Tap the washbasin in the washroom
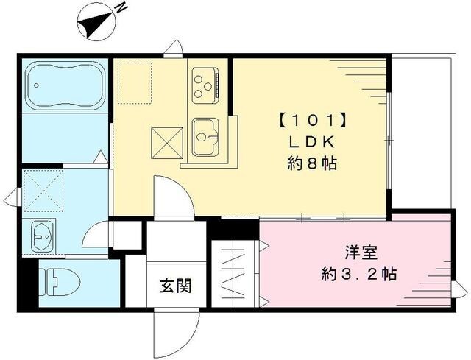click(42, 236)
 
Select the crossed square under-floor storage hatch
click(167, 142)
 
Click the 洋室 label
click(361, 253)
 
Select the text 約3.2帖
click(361, 275)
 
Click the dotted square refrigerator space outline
click(135, 82)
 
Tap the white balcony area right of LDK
click(420, 133)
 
